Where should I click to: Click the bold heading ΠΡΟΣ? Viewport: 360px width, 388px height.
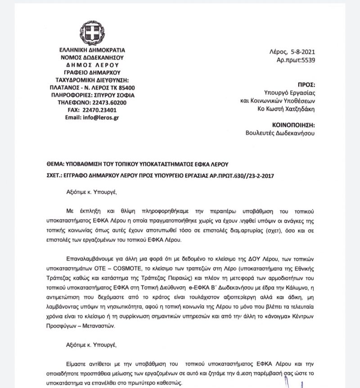pos(307,85)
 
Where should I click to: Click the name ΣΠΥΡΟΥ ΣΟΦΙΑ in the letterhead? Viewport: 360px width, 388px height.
pos(115,95)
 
